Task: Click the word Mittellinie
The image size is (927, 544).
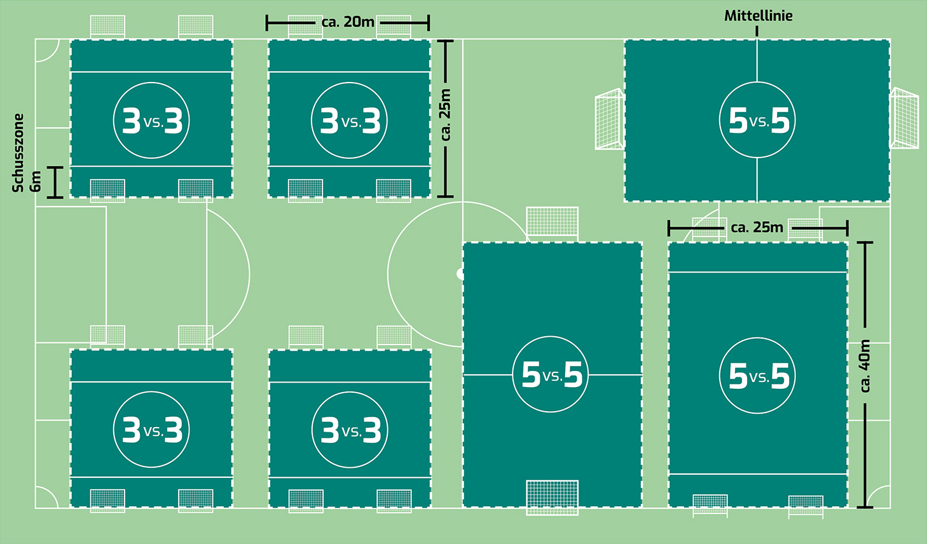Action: pos(758,16)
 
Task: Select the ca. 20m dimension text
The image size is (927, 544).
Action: pos(348,22)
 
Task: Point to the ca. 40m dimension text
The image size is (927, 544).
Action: pos(865,365)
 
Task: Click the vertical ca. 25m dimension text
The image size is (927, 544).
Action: pos(446,115)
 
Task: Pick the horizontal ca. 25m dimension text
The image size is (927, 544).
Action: pos(757,228)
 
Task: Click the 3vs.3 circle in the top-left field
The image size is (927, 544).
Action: pos(151,120)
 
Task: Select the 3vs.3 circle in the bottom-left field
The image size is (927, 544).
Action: pos(151,430)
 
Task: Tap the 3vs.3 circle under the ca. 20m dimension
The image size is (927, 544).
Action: pos(349,120)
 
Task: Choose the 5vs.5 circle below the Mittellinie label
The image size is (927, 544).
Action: pos(757,120)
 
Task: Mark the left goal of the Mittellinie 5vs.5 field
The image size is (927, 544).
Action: pos(609,120)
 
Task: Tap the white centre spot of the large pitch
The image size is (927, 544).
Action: pos(460,274)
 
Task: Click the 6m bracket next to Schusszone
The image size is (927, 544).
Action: pos(55,182)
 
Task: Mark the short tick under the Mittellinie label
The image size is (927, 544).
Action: pos(757,31)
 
